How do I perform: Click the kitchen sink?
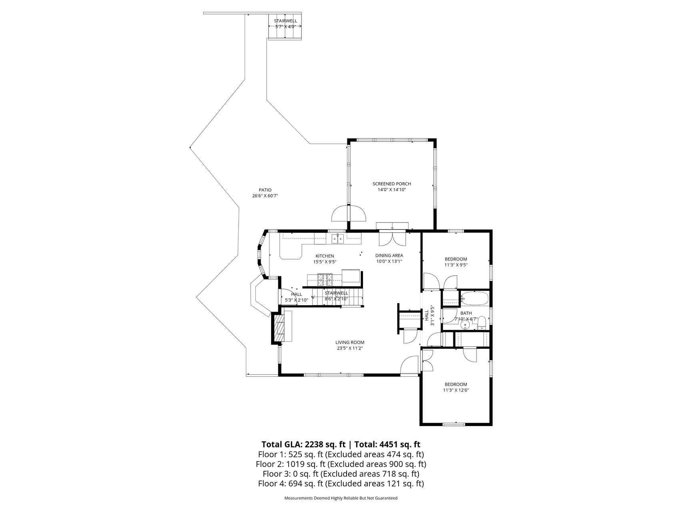point(338,239)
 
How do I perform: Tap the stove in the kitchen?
point(325,279)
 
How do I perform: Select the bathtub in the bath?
point(475,298)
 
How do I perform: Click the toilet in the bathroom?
point(482,322)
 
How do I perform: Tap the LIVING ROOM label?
point(350,342)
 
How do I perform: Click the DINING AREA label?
point(389,256)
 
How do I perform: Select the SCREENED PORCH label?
point(392,184)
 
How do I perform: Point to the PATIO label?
point(265,190)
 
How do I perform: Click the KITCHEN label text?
point(325,256)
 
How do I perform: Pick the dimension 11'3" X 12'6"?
point(456,390)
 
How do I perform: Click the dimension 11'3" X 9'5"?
point(456,265)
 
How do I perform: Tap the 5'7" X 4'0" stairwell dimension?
point(285,27)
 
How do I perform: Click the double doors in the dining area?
point(393,239)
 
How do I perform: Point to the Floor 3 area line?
point(341,474)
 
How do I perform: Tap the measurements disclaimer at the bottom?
point(341,498)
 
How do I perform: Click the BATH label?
point(466,313)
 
